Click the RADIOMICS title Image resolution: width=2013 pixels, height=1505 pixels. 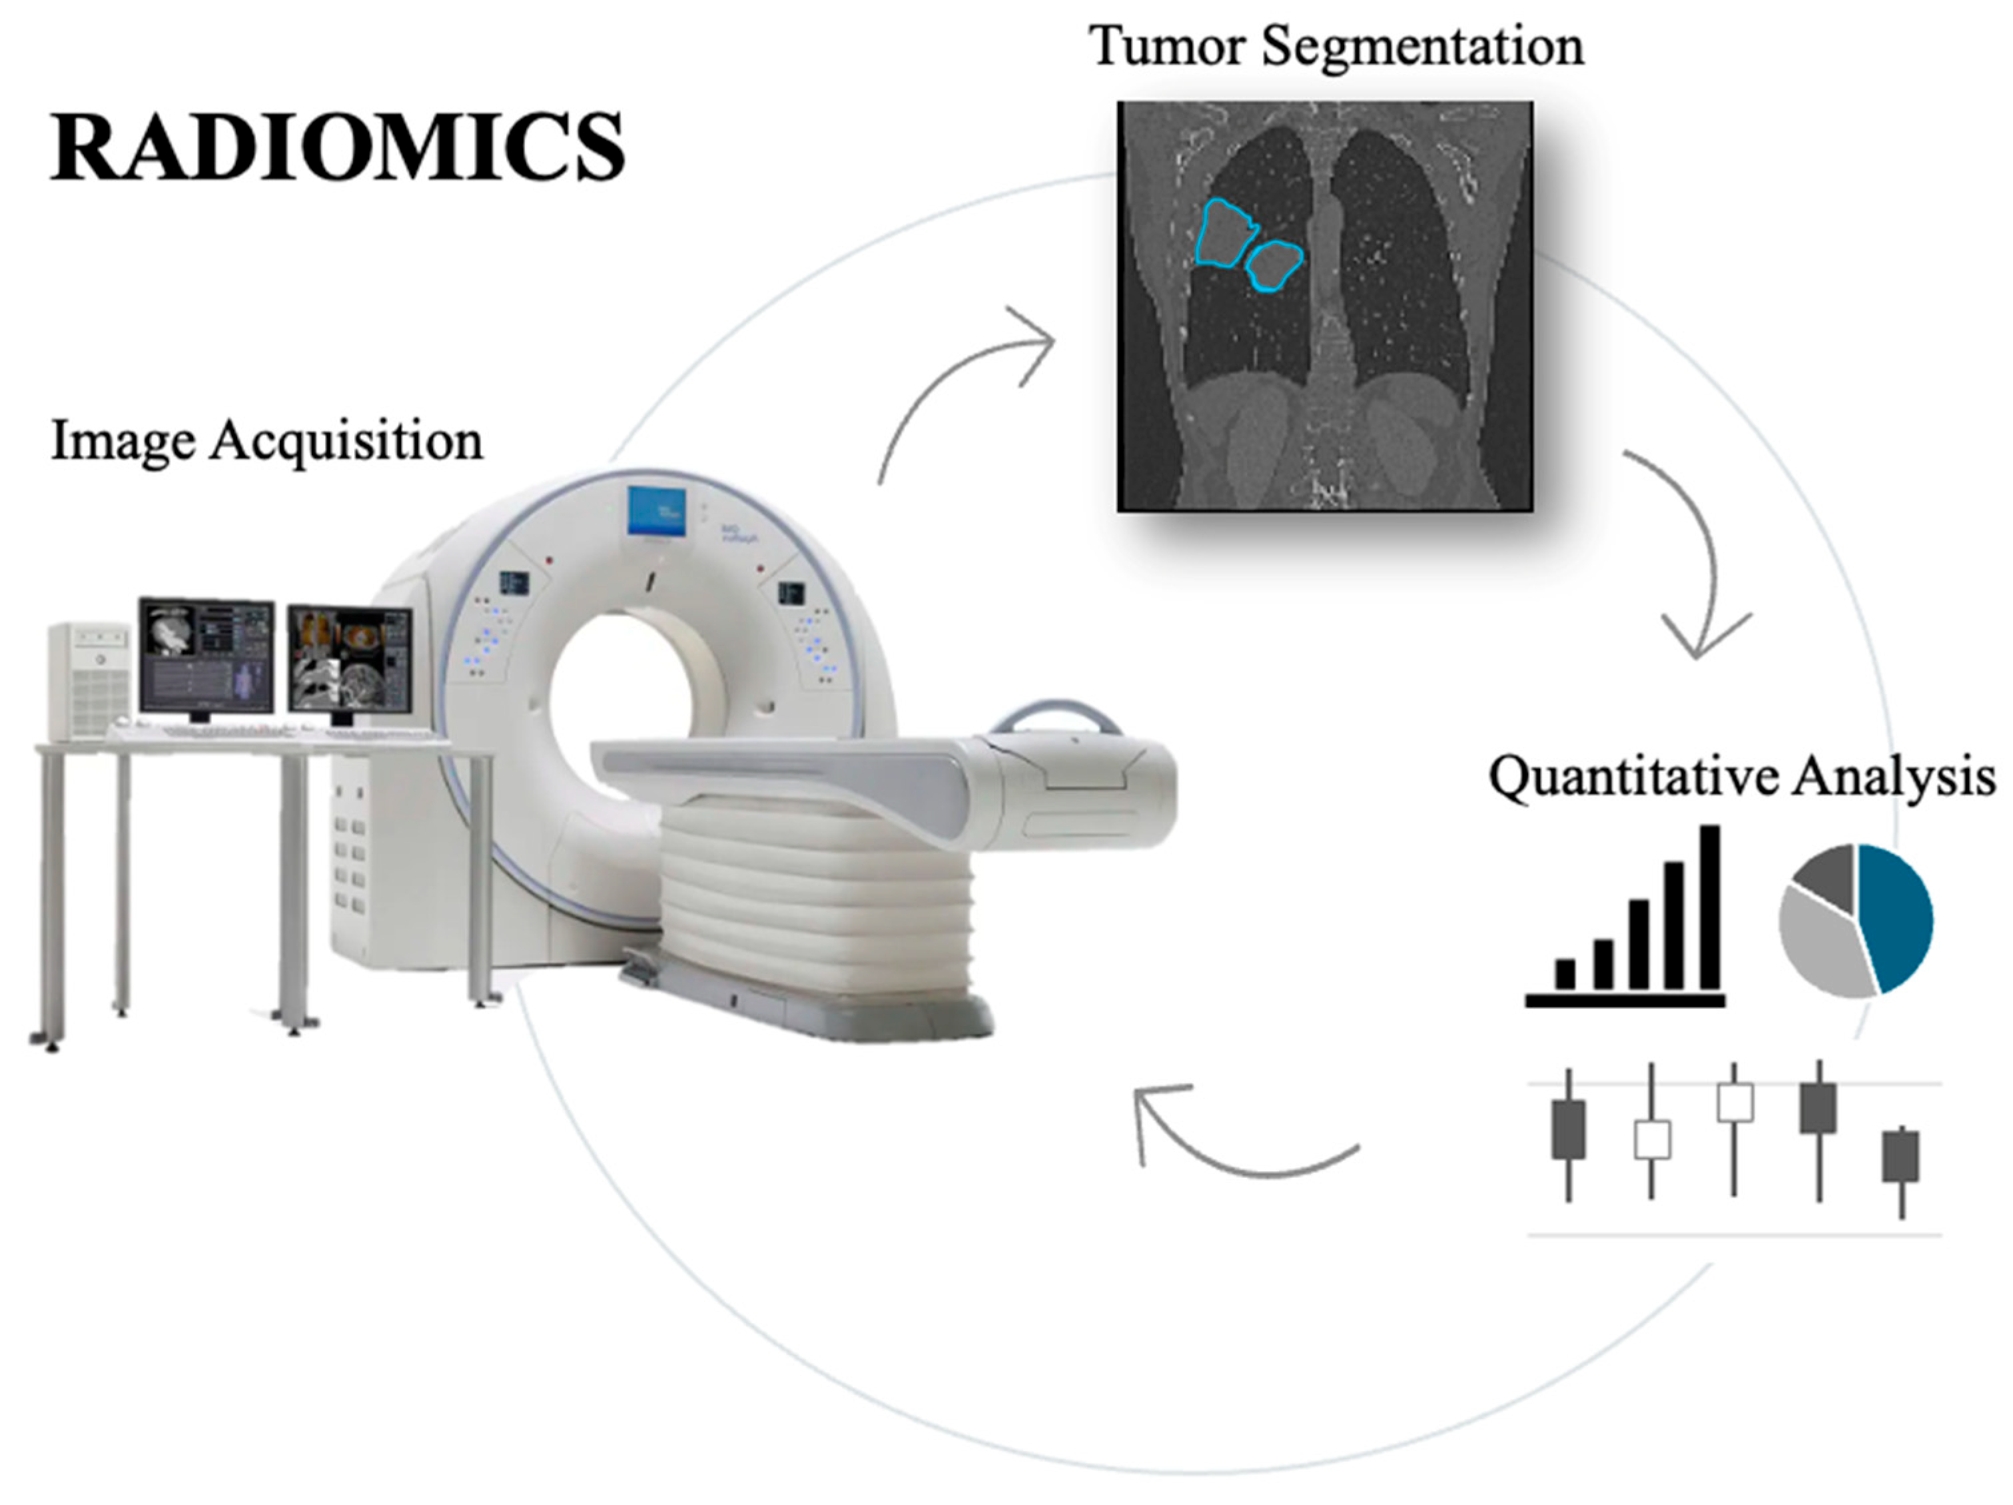pyautogui.click(x=336, y=147)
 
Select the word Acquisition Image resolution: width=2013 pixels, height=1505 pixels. pyautogui.click(x=347, y=441)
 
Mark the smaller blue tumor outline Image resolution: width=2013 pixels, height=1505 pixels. pyautogui.click(x=1274, y=264)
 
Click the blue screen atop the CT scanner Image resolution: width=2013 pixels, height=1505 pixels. pyautogui.click(x=656, y=510)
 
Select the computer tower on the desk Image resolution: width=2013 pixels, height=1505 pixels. pyautogui.click(x=89, y=678)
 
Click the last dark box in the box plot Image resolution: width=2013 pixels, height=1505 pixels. pyautogui.click(x=1901, y=1157)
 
